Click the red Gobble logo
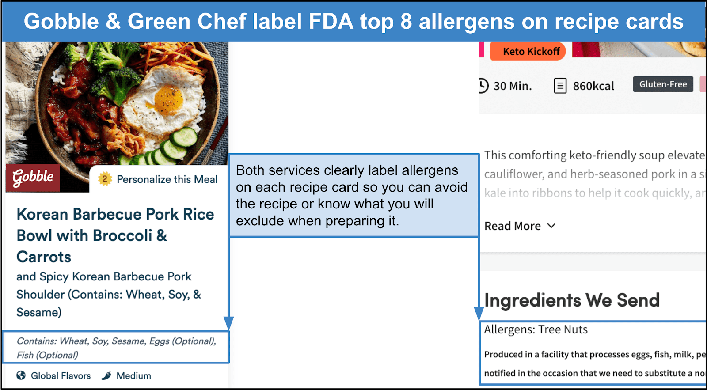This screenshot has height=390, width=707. pyautogui.click(x=33, y=178)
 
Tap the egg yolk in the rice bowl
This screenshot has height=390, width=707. pyautogui.click(x=168, y=100)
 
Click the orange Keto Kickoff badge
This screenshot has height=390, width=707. pyautogui.click(x=528, y=51)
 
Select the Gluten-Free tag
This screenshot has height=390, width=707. pyautogui.click(x=663, y=84)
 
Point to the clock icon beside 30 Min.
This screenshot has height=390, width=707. pyautogui.click(x=483, y=86)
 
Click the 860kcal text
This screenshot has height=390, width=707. pyautogui.click(x=593, y=86)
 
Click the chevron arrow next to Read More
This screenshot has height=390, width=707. pyautogui.click(x=551, y=226)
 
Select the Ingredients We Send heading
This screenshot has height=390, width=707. pyautogui.click(x=572, y=300)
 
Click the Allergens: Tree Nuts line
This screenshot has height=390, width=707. pyautogui.click(x=536, y=329)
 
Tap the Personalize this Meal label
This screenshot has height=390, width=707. pyautogui.click(x=167, y=179)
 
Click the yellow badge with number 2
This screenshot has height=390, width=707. pyautogui.click(x=105, y=179)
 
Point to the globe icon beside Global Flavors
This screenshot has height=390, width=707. pyautogui.click(x=21, y=375)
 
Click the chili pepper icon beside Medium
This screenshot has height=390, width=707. pyautogui.click(x=106, y=375)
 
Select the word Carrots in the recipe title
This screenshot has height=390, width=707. pyautogui.click(x=44, y=257)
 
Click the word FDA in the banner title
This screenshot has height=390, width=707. pyautogui.click(x=331, y=21)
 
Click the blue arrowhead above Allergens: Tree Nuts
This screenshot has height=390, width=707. pyautogui.click(x=479, y=314)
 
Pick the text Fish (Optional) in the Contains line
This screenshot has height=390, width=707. pyautogui.click(x=47, y=355)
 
